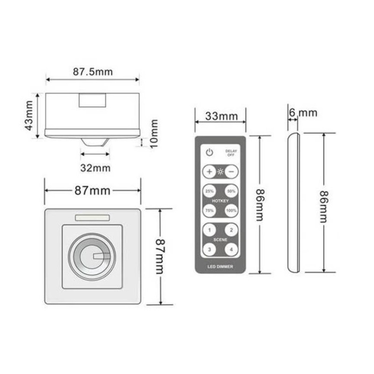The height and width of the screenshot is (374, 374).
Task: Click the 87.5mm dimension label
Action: pos(93,72)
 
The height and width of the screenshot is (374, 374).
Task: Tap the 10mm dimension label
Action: pos(154,133)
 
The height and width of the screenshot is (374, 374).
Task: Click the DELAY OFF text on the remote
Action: pos(230,153)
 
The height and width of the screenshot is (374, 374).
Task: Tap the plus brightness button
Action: pos(209,172)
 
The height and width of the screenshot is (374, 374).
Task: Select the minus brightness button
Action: pos(231,172)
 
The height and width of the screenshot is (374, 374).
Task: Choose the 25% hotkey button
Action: pos(209,191)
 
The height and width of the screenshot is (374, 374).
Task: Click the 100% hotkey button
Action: pos(231,211)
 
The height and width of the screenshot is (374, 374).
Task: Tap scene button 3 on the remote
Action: pos(209,250)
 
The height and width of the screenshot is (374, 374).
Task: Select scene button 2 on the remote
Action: pos(231,230)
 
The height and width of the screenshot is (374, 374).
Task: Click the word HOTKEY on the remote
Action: pos(220,201)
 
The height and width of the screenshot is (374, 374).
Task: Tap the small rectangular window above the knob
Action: pos(93,217)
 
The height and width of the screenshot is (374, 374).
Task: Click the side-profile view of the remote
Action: pos(294,203)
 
